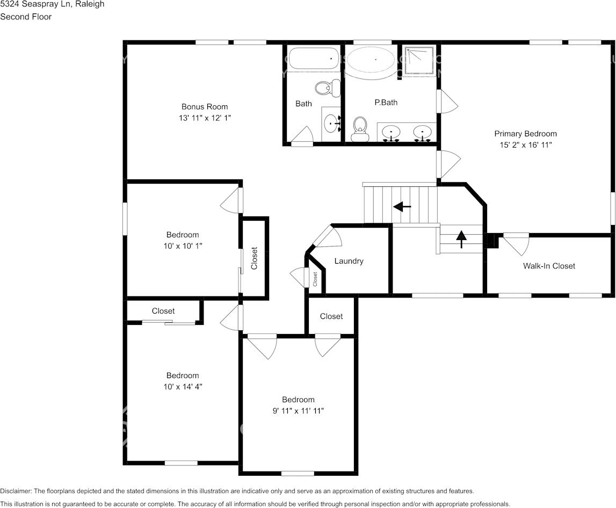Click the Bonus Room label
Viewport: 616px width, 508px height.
[204, 106]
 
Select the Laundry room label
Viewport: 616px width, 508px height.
[349, 261]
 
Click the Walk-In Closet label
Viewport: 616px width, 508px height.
[549, 266]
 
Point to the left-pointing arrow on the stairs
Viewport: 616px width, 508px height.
[402, 206]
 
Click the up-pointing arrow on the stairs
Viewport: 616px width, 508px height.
[461, 238]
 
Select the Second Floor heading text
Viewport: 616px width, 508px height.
[26, 17]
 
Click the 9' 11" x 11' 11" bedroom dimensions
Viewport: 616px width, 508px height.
[298, 411]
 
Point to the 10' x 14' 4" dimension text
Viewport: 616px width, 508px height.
[182, 387]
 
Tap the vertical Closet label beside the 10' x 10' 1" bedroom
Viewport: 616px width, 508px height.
[255, 258]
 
